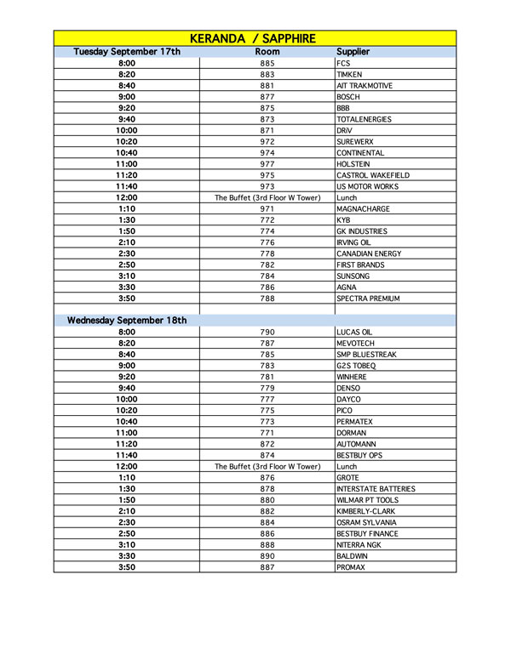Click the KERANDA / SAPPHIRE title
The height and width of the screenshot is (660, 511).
255,38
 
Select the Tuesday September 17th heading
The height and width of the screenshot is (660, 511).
127,52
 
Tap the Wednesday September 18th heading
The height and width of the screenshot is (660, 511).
127,320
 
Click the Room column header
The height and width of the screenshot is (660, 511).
267,52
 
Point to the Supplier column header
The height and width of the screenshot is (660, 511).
353,52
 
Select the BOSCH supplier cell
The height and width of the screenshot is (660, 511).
348,97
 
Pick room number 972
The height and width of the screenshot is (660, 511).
267,141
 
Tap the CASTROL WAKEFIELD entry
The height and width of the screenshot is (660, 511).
367,175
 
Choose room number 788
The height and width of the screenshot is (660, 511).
267,299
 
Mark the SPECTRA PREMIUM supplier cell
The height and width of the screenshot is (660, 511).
368,299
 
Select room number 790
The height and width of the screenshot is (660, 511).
267,332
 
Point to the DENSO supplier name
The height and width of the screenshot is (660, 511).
348,388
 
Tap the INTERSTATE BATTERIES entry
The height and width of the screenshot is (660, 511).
376,489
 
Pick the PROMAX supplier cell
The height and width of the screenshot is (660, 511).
351,567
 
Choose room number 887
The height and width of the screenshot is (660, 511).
267,567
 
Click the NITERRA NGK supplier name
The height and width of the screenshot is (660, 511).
359,544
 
